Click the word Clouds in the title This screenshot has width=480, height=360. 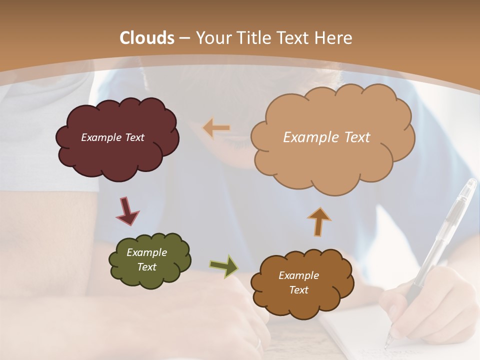(147, 38)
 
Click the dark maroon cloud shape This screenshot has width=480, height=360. (117, 150)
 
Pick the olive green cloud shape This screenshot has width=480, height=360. (149, 277)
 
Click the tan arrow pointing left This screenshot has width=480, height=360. (216, 128)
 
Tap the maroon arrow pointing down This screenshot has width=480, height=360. (127, 210)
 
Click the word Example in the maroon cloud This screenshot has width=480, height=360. (100, 137)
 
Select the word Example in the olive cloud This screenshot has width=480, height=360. (146, 252)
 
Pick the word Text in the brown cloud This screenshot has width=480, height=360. (298, 290)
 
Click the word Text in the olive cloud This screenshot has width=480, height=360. (146, 267)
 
